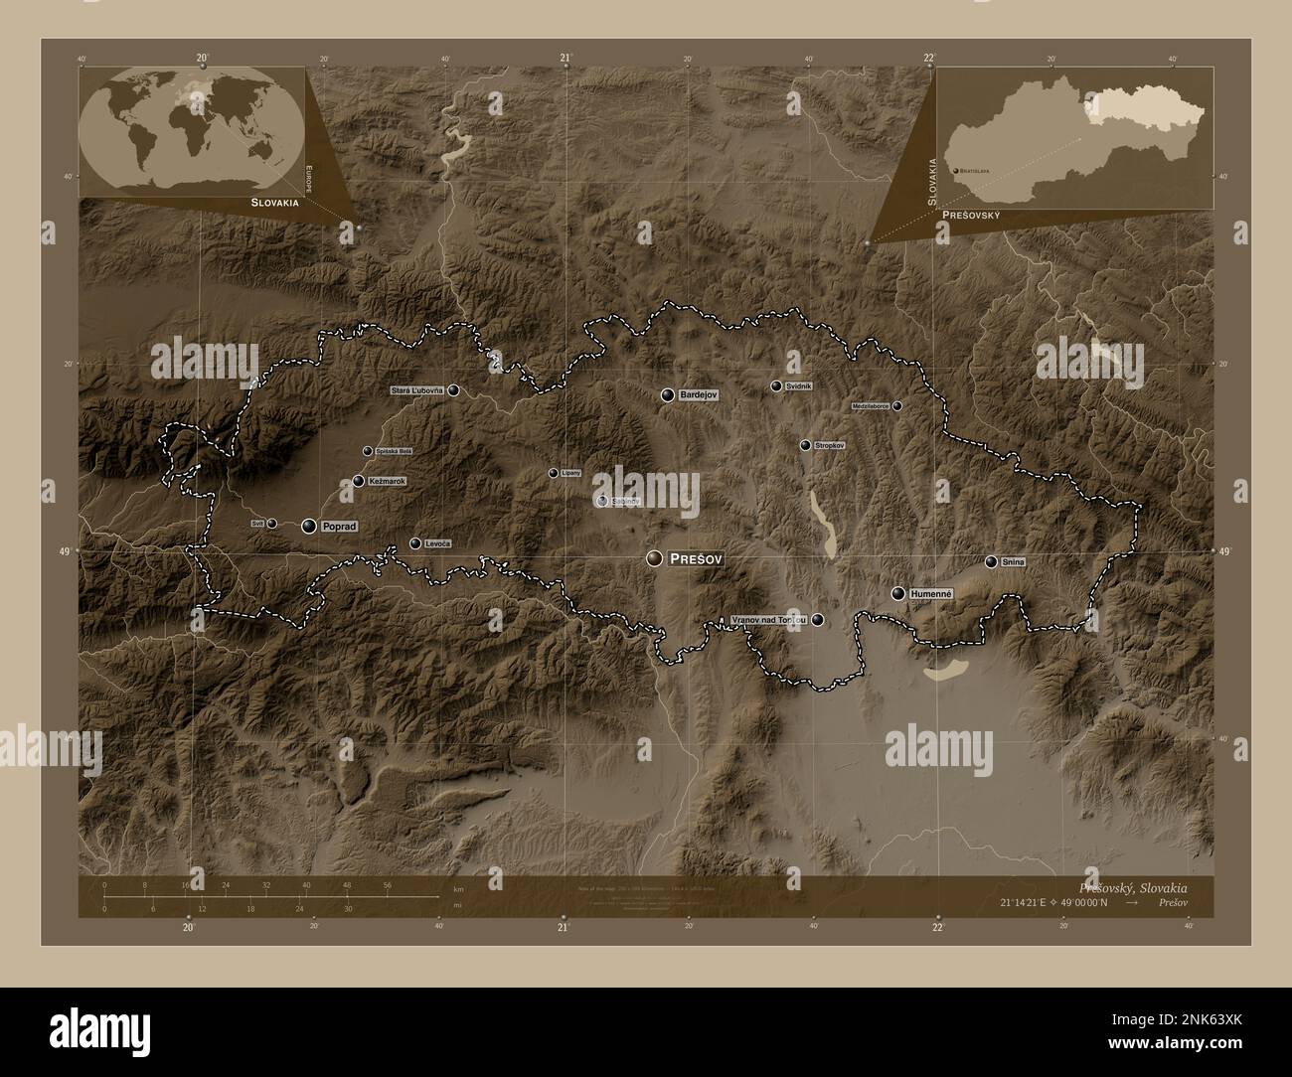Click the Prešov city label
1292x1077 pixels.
point(697,559)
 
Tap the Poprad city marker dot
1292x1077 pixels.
point(309,526)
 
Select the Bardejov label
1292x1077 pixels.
point(699,395)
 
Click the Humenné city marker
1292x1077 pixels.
point(898,593)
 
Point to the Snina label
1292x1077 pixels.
point(1013,562)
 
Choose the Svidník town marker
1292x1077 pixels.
point(776,385)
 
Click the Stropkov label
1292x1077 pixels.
point(829,446)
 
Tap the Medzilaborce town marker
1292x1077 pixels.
point(896,406)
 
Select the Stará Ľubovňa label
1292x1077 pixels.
point(417,390)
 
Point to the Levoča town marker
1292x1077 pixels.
point(414,543)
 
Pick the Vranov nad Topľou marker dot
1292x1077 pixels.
point(817,620)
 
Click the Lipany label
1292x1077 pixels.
point(570,473)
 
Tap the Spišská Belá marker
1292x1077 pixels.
point(368,451)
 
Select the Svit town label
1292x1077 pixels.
point(256,522)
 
